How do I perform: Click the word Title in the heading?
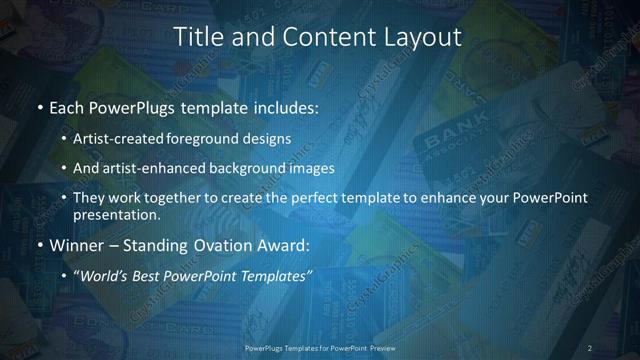[x=197, y=37]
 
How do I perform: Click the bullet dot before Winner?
[x=39, y=245]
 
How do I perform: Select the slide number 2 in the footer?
[x=590, y=347]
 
